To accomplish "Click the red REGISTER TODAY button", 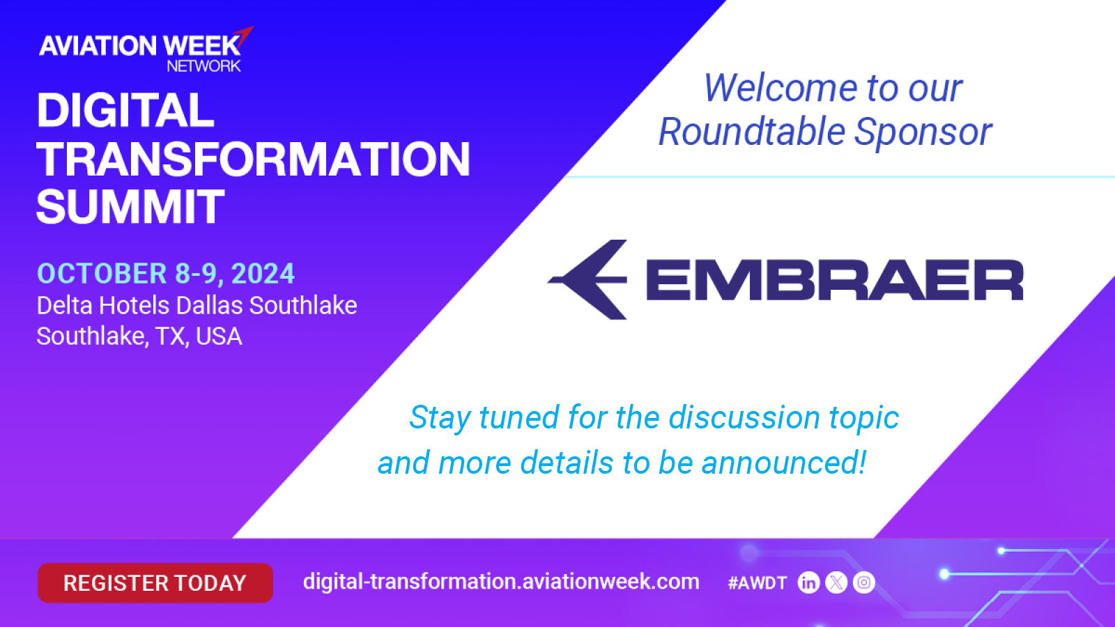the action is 155,582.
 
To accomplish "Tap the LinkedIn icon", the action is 808,582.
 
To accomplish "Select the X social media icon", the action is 836,582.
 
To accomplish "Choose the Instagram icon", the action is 863,582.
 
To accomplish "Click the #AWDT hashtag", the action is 757,582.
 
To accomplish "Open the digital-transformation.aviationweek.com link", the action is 501,582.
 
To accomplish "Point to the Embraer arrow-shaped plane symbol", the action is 587,279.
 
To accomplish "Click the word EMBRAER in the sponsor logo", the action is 834,280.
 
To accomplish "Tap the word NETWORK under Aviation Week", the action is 203,65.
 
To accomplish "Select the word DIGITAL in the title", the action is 125,110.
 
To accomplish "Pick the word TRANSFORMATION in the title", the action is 254,159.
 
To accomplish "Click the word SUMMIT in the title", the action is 130,206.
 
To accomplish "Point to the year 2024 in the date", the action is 263,274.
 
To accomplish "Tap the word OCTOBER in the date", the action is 102,274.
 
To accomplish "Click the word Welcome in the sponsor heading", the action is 780,88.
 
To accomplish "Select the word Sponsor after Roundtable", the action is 923,132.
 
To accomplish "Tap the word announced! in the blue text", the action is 784,463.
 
